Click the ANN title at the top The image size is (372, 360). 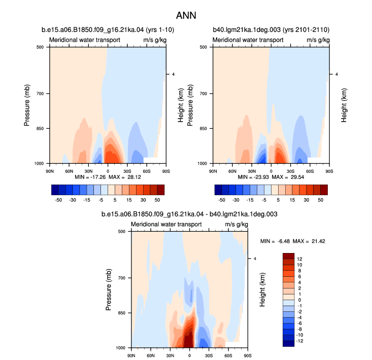[186, 16]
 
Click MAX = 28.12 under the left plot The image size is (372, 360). [125, 177]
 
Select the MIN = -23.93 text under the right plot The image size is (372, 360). [253, 177]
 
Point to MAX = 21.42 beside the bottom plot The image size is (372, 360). [309, 241]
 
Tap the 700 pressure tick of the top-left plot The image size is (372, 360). [40, 94]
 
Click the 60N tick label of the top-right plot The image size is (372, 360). [232, 171]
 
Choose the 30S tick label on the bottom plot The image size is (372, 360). [209, 356]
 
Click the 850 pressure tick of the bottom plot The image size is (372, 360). [121, 313]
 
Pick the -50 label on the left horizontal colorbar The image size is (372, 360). [58, 200]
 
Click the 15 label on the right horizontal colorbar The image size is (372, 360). [292, 200]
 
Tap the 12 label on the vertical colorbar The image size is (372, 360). [299, 259]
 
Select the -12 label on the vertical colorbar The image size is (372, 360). [299, 341]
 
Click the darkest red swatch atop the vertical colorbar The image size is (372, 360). [288, 256]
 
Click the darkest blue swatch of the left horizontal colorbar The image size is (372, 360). [55, 190]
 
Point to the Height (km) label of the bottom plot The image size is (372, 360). [262, 290]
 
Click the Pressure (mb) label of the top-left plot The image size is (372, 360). [27, 105]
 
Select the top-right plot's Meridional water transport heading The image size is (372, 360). [248, 40]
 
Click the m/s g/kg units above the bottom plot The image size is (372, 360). [236, 225]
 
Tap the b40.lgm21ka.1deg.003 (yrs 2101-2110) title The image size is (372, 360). [271, 30]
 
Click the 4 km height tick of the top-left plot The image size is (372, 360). [173, 74]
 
